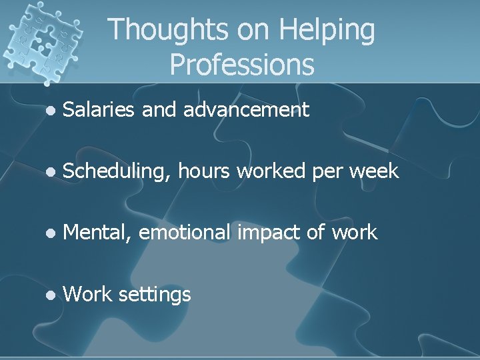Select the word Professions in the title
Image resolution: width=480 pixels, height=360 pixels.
point(241,65)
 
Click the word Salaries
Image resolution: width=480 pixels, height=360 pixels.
point(99,109)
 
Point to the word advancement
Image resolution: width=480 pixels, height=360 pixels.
point(246,109)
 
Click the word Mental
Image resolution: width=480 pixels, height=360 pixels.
point(95,233)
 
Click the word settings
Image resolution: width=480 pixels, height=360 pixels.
point(155,294)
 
